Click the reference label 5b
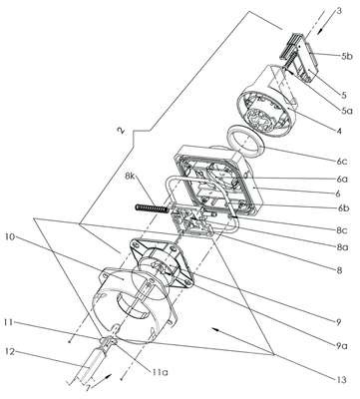pyautogui.click(x=346, y=56)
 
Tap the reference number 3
pyautogui.click(x=338, y=11)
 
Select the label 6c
pyautogui.click(x=342, y=162)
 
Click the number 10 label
pyautogui.click(x=10, y=236)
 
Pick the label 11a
pyautogui.click(x=159, y=372)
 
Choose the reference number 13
pyautogui.click(x=341, y=379)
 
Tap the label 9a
pyautogui.click(x=341, y=346)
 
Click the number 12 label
pyautogui.click(x=10, y=351)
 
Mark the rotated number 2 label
pyautogui.click(x=122, y=131)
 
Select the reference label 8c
pyautogui.click(x=341, y=229)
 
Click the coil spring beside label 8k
pyautogui.click(x=152, y=208)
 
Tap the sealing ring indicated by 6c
pyautogui.click(x=246, y=145)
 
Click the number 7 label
pyautogui.click(x=88, y=389)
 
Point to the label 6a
pyautogui.click(x=342, y=179)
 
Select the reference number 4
pyautogui.click(x=339, y=131)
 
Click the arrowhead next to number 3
pyautogui.click(x=319, y=31)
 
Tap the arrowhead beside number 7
pyautogui.click(x=109, y=377)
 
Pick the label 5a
pyautogui.click(x=346, y=111)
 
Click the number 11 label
pyautogui.click(x=10, y=322)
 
